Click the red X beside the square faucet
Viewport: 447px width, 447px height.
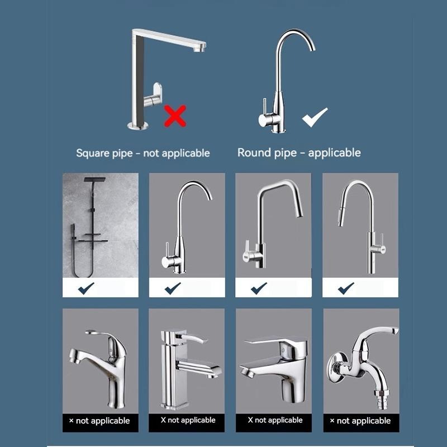[175, 116]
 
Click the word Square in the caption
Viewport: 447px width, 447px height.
[92, 153]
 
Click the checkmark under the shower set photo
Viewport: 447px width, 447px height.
[86, 288]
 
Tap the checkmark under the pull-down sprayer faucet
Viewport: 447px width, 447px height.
[346, 288]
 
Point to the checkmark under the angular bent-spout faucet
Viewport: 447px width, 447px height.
[259, 288]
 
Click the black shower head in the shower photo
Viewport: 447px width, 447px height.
[95, 180]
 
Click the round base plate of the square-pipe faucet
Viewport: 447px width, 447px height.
[137, 125]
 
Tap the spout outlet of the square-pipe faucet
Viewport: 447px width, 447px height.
[199, 49]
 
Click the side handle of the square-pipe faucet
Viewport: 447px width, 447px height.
[153, 96]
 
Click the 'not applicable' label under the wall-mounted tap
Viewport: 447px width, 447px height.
[364, 421]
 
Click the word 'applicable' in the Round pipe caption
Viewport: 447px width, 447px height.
[334, 153]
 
